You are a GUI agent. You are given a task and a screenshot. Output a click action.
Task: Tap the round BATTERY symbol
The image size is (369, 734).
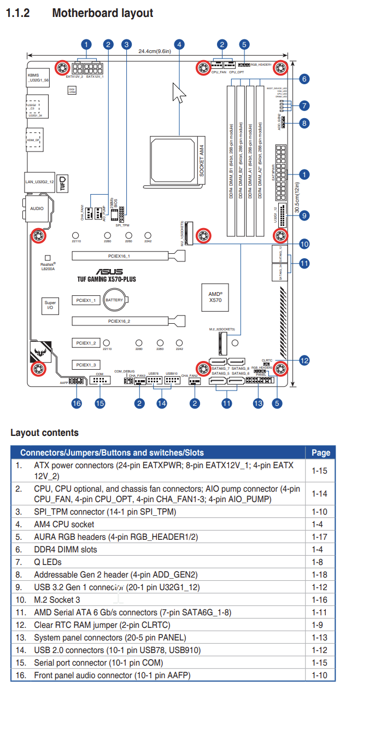pyautogui.click(x=114, y=300)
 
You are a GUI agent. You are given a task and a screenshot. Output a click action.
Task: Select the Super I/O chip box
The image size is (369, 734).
pyautogui.click(x=50, y=305)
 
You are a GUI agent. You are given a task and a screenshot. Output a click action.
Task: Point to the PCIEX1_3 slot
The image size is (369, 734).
pyautogui.click(x=86, y=364)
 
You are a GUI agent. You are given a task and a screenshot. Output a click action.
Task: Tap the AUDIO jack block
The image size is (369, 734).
pyautogui.click(x=37, y=208)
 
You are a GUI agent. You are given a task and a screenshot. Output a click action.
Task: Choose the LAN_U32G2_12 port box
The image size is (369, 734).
pyautogui.click(x=40, y=181)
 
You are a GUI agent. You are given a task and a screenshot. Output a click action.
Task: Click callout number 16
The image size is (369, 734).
pyautogui.click(x=77, y=404)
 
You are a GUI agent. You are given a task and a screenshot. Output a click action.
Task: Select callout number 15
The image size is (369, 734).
pyautogui.click(x=99, y=404)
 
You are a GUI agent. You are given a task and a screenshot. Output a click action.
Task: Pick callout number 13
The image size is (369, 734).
pyautogui.click(x=258, y=404)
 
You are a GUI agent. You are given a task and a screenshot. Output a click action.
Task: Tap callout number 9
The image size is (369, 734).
pyautogui.click(x=304, y=215)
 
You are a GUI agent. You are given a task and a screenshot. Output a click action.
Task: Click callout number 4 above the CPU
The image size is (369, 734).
pyautogui.click(x=180, y=45)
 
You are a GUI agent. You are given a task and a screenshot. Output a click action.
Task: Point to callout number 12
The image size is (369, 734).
pyautogui.click(x=304, y=360)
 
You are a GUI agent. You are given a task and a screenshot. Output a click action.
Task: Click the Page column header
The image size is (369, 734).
pyautogui.click(x=320, y=452)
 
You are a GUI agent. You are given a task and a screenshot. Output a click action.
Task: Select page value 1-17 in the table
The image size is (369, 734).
pyautogui.click(x=319, y=537)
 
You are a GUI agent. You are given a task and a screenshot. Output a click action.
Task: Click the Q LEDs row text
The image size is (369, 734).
pyautogui.click(x=48, y=562)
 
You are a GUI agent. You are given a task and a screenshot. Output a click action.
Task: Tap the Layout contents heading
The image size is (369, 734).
pyautogui.click(x=44, y=433)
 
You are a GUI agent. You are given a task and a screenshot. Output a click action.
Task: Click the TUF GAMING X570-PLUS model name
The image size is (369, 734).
pyautogui.click(x=107, y=279)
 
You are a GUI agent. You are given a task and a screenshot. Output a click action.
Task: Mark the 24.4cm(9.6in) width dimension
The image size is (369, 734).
pyautogui.click(x=155, y=51)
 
